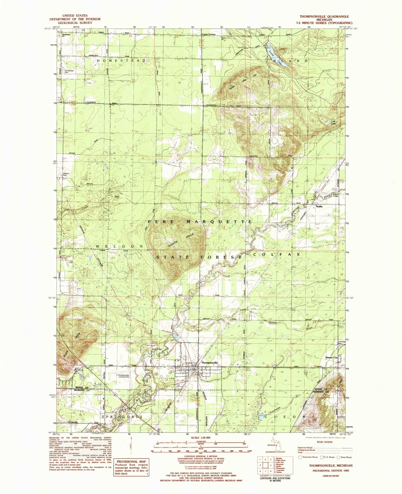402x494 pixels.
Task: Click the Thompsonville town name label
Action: (x=209, y=363)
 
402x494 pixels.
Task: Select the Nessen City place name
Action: (x=331, y=357)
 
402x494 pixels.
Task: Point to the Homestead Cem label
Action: (x=69, y=72)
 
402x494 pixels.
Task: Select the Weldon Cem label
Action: (x=66, y=174)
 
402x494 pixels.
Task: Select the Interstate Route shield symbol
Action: (x=300, y=457)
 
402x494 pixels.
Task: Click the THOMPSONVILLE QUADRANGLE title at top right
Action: (x=324, y=16)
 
